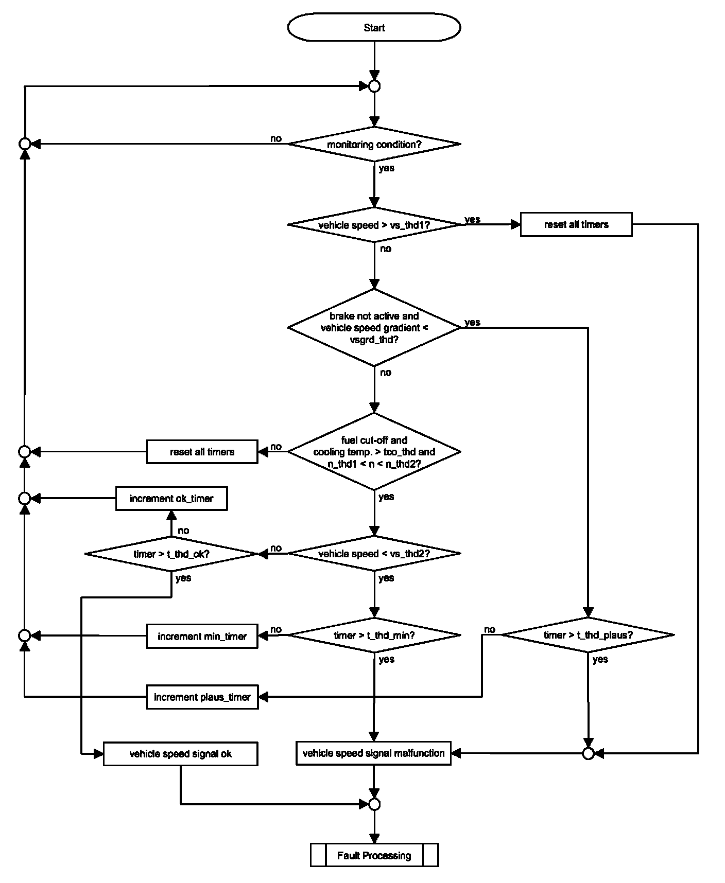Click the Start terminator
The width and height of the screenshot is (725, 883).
374,27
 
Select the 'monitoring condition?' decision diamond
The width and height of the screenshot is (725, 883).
374,144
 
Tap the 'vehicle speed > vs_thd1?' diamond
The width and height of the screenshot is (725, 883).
374,225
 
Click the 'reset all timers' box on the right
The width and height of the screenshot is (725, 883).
576,224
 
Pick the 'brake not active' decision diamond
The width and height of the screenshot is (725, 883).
374,327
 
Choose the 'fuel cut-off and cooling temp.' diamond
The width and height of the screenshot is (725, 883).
374,452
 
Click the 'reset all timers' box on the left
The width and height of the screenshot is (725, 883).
202,452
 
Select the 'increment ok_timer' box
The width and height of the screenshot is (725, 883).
171,498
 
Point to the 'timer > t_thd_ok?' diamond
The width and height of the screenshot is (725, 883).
171,554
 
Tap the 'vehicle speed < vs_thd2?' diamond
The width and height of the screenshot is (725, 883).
374,554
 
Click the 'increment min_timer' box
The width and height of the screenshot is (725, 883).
202,636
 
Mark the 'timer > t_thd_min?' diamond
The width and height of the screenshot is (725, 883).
374,635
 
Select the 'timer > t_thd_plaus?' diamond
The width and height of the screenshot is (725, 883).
588,635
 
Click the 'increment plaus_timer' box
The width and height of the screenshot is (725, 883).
202,697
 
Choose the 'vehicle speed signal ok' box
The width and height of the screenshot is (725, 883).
180,754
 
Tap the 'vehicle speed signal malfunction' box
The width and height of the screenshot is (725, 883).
373,753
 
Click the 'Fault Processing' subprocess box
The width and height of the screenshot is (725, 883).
374,855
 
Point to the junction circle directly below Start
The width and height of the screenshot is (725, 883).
374,86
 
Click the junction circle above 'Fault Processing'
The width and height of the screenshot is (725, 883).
374,804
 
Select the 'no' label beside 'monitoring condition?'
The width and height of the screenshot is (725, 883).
276,138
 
